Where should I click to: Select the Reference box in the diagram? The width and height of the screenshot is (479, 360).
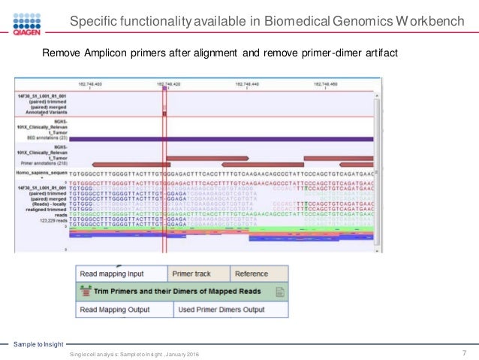coord(252,274)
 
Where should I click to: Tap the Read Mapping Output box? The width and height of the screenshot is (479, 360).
coord(123,309)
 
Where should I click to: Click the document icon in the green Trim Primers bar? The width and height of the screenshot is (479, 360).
coord(279,292)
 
